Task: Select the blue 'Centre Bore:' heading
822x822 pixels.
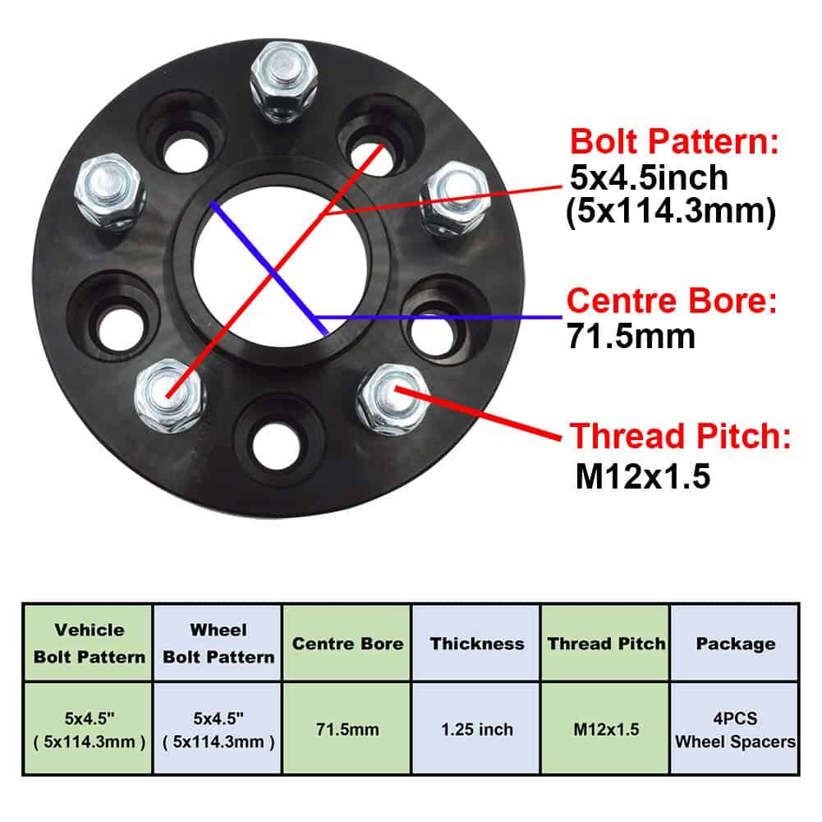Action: point(672,301)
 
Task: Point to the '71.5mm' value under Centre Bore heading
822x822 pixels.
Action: point(631,336)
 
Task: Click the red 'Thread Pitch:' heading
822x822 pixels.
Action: point(681,436)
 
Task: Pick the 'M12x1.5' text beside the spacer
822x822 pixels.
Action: point(641,476)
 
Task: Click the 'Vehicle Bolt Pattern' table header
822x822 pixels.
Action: point(90,643)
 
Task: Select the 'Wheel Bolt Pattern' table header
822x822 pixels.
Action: point(218,643)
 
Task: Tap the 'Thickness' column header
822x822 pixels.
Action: point(477,643)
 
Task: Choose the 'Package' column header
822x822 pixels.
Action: point(735,643)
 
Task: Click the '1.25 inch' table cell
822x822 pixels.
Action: point(477,728)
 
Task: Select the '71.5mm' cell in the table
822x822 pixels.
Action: point(347,728)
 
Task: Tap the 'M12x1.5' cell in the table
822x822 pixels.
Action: point(606,728)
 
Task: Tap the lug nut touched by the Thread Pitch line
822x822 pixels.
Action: point(392,397)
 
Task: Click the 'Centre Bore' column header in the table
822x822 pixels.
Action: point(347,643)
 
